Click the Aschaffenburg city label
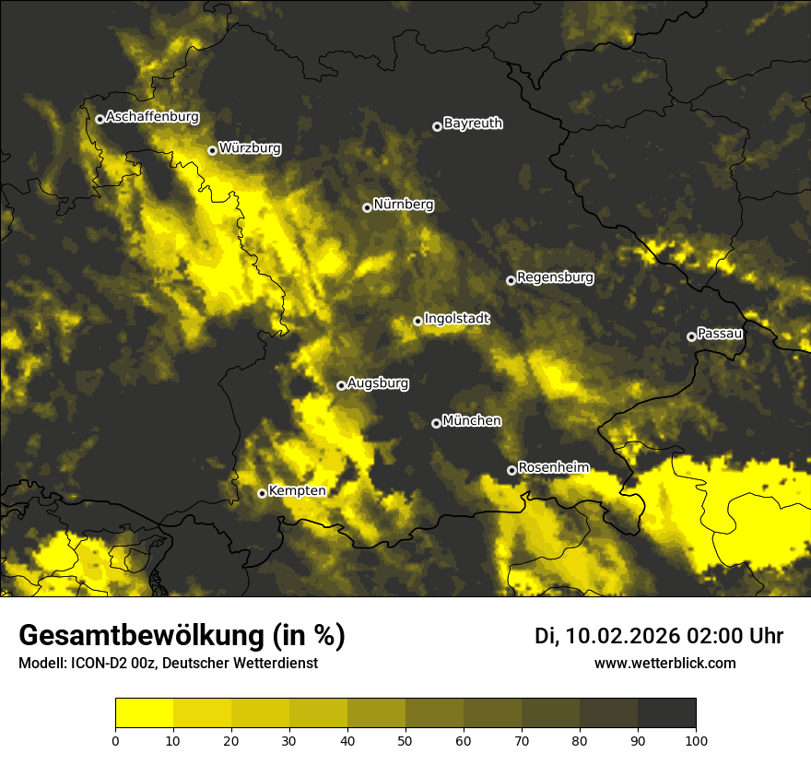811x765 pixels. click(152, 117)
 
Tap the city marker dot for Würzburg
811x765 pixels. click(212, 150)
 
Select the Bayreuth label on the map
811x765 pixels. click(473, 123)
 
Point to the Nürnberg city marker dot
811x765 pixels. click(367, 207)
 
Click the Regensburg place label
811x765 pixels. click(555, 277)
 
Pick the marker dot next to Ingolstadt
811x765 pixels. click(417, 321)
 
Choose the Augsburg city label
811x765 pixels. click(377, 382)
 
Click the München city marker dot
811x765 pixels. click(436, 423)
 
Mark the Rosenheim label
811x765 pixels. click(553, 467)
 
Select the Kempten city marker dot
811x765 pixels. click(262, 493)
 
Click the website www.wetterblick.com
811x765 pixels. click(665, 663)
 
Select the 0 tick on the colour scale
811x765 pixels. click(115, 739)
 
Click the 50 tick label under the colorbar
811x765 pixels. click(405, 739)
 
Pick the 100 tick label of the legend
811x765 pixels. click(696, 739)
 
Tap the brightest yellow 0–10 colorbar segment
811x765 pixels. click(144, 713)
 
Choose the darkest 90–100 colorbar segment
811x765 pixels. click(666, 713)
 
